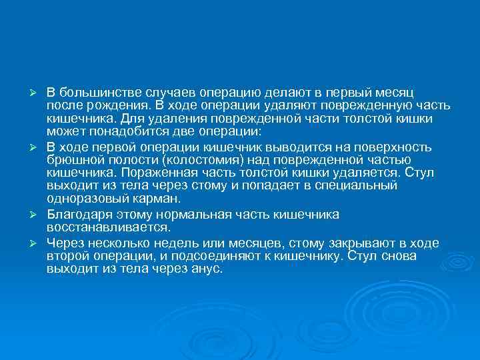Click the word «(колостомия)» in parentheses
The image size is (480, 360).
click(x=207, y=159)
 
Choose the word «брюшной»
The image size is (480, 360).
click(x=75, y=159)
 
